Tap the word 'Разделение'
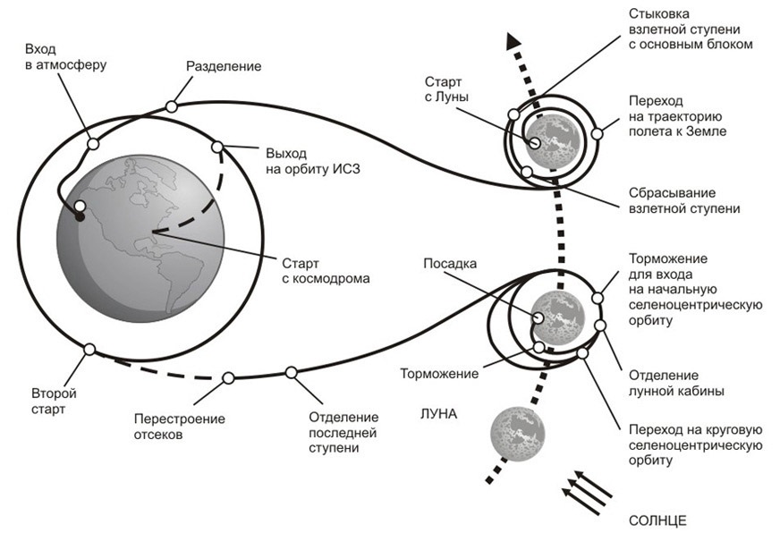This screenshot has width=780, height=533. (224, 66)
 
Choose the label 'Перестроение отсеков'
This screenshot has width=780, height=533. (179, 427)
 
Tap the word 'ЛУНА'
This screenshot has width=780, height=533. (439, 414)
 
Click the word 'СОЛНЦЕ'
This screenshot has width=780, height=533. (657, 520)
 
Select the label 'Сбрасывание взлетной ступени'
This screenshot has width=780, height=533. (684, 200)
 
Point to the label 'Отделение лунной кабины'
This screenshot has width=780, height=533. (675, 383)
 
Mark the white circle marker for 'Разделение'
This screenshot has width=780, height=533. (171, 106)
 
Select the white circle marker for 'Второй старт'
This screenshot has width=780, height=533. (89, 350)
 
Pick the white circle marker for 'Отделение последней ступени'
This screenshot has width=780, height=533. (291, 372)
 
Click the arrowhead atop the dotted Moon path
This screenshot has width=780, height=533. (513, 41)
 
